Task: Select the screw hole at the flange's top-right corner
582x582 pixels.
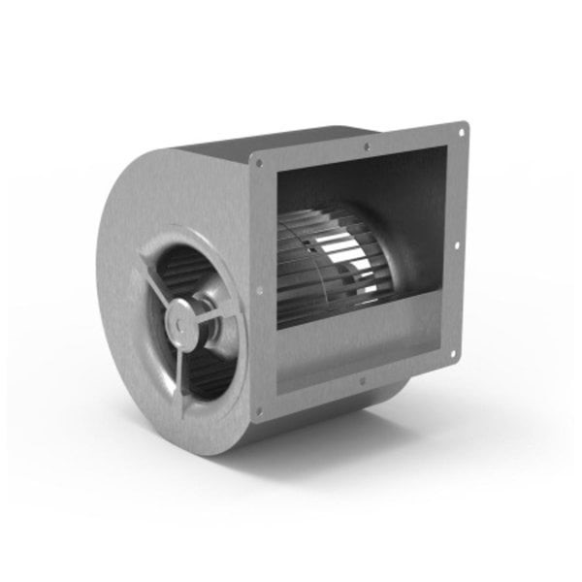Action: click(460, 129)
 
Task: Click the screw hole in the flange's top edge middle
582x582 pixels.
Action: click(366, 146)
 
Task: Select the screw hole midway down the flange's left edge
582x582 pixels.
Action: click(259, 289)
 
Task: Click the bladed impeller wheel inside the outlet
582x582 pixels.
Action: click(330, 262)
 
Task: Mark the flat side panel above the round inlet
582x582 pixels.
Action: click(175, 194)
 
